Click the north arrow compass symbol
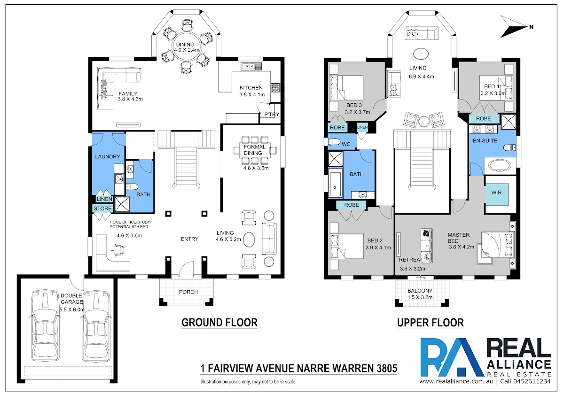514,27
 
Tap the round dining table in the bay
186,46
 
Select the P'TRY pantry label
272,115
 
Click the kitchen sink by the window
251,66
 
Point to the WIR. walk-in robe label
497,193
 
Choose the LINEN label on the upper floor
362,127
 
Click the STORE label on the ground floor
102,209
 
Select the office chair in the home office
117,249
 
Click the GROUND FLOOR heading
219,323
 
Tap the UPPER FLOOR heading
431,323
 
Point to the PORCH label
188,292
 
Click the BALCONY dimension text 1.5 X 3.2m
420,297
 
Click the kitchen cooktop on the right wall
275,88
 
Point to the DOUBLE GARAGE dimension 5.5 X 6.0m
72,309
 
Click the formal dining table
254,150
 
